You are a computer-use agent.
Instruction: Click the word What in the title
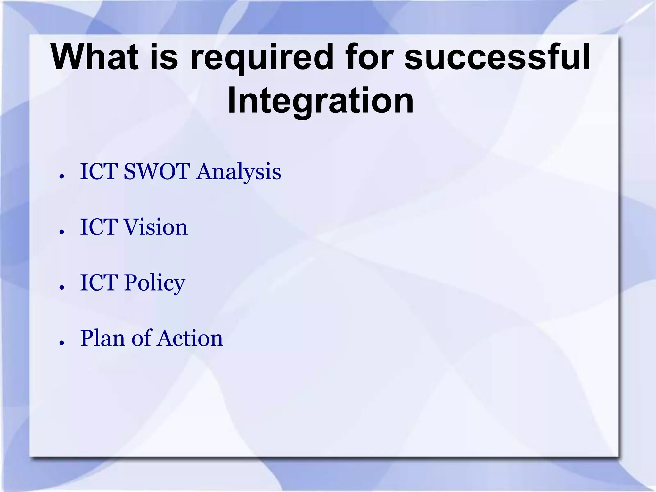click(x=95, y=57)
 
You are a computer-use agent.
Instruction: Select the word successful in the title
click(x=497, y=57)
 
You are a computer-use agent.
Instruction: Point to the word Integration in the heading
click(x=320, y=101)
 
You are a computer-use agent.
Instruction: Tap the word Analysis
click(x=239, y=172)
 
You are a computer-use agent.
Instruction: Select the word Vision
click(x=156, y=227)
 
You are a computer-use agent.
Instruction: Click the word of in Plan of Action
click(x=141, y=338)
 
